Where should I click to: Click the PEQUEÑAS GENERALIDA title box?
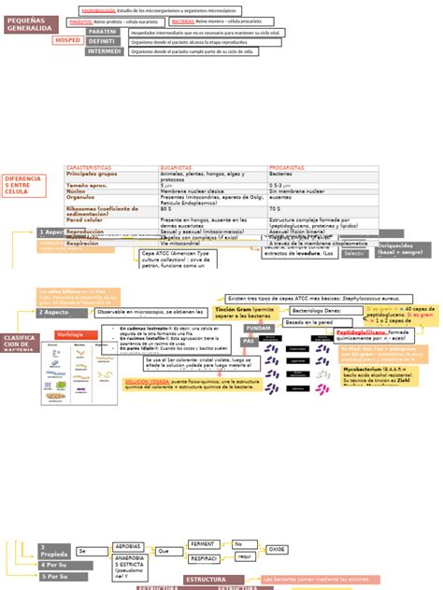point(30,24)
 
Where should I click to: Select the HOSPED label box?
point(67,41)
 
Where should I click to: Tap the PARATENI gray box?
point(104,31)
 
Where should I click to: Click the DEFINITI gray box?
point(104,41)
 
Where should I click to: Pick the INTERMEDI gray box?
point(104,51)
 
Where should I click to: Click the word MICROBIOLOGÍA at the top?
point(98,10)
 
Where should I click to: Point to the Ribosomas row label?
point(103,212)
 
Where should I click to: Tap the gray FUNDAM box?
point(259,329)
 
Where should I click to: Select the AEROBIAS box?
point(129,545)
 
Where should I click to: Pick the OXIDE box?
point(278,550)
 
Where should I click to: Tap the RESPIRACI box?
point(205,558)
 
